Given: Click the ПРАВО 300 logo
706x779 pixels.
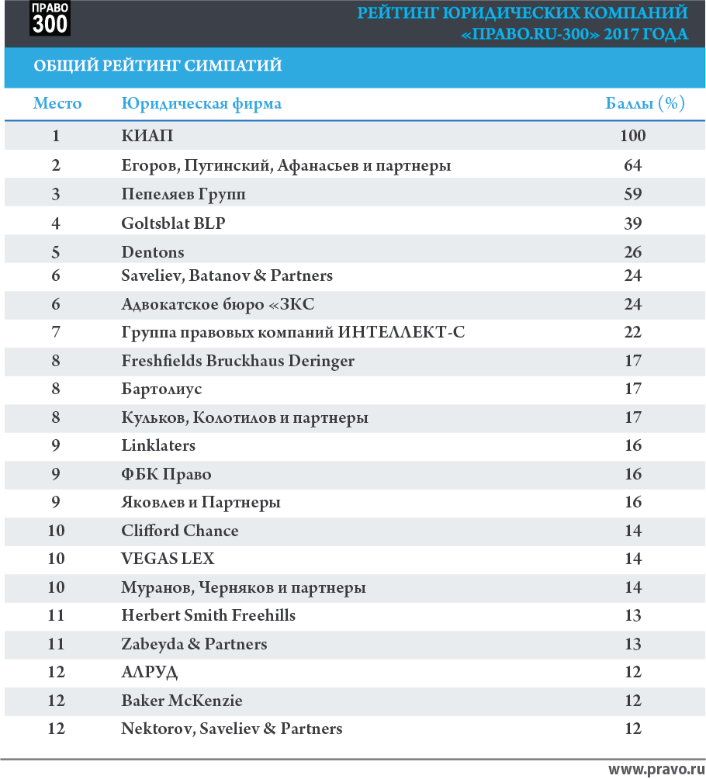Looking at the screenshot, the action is (50, 19).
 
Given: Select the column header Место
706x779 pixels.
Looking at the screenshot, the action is (57, 103).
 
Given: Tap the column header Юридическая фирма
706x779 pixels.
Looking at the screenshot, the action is (201, 104).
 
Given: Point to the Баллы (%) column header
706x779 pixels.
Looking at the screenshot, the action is (645, 103).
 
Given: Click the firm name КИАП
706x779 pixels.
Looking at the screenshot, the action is (147, 136).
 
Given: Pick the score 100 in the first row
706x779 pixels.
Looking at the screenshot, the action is (632, 136).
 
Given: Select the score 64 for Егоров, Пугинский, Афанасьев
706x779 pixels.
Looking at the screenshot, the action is (632, 165).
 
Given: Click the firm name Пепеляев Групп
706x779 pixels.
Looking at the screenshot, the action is (183, 194).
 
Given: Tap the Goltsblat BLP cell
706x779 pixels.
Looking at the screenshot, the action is (173, 223).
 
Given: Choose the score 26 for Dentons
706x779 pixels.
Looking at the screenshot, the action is (632, 252).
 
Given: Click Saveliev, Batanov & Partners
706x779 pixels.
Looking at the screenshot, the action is (227, 275).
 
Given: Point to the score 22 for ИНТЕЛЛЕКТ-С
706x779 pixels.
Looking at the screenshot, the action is (632, 332).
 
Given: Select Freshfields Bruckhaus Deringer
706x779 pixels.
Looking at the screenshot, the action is (238, 361).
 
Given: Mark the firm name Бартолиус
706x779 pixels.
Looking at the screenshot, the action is (161, 389).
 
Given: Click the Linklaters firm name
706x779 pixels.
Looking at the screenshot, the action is (158, 445).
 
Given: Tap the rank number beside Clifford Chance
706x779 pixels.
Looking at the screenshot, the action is (56, 531).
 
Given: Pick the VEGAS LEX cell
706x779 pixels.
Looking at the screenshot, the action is (168, 559).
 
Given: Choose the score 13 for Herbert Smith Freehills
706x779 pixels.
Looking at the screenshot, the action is (632, 615).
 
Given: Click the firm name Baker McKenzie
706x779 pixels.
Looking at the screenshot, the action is (182, 701).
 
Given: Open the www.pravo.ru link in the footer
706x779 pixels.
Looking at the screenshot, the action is (657, 770).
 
